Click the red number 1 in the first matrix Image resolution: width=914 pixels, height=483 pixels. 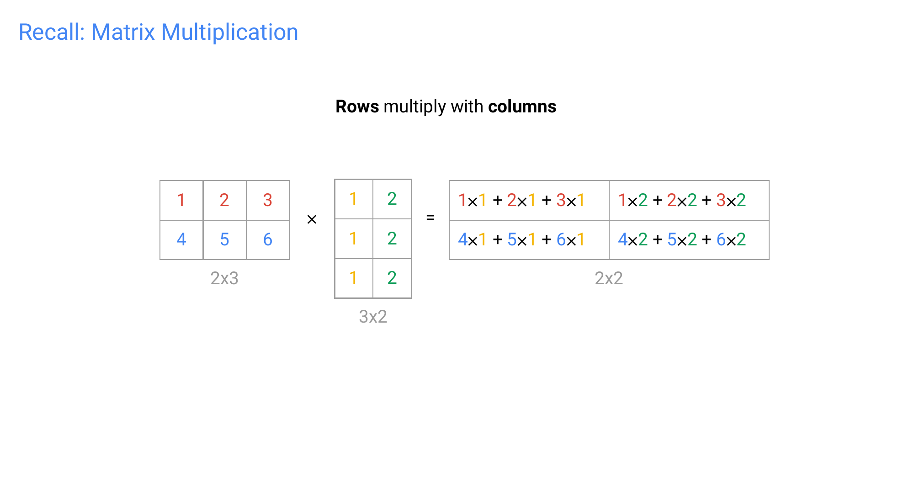pyautogui.click(x=181, y=200)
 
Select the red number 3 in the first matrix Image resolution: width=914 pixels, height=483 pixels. pyautogui.click(x=267, y=200)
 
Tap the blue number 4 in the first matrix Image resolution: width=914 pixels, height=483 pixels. pyautogui.click(x=181, y=239)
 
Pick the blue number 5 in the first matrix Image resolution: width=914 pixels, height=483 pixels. pyautogui.click(x=224, y=239)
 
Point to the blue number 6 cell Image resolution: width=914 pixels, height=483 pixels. pyautogui.click(x=267, y=239)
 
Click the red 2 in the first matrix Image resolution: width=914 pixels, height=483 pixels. pyautogui.click(x=224, y=200)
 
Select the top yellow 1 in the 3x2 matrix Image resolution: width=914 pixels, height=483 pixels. pyautogui.click(x=353, y=199)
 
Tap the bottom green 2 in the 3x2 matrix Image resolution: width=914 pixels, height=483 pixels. pyautogui.click(x=392, y=278)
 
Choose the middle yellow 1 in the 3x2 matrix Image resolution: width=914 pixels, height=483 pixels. pyautogui.click(x=353, y=239)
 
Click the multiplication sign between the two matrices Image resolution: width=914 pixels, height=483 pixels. pyautogui.click(x=312, y=219)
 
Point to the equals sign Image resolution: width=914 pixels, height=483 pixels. pyautogui.click(x=430, y=218)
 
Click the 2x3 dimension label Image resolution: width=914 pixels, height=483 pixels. pyautogui.click(x=224, y=278)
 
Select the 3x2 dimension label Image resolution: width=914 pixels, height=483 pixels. pyautogui.click(x=373, y=317)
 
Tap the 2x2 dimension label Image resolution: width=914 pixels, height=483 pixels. pyautogui.click(x=609, y=278)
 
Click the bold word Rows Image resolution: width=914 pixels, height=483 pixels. pyautogui.click(x=357, y=106)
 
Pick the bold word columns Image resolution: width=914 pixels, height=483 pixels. pyautogui.click(x=522, y=106)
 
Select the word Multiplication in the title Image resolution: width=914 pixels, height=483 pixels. pyautogui.click(x=229, y=32)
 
